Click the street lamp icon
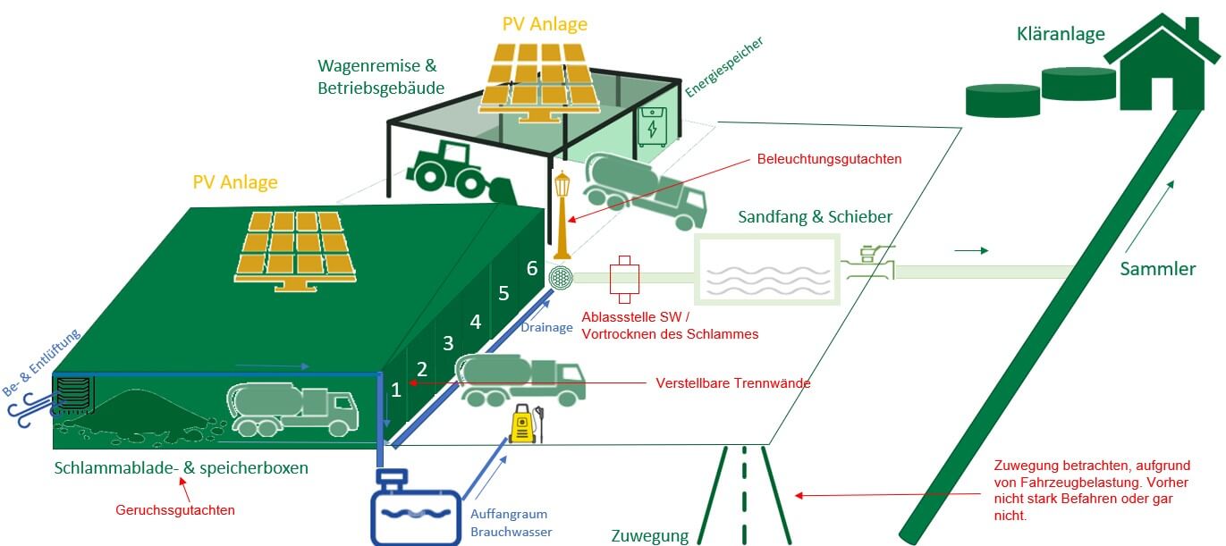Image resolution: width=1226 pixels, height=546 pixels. pyautogui.click(x=563, y=214)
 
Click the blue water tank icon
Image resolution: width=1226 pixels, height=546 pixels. pyautogui.click(x=416, y=508)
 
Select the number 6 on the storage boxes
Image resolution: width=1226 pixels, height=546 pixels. pyautogui.click(x=532, y=268)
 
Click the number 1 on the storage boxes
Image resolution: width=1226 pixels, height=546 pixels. pyautogui.click(x=395, y=389)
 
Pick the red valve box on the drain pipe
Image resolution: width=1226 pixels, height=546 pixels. pyautogui.click(x=622, y=277)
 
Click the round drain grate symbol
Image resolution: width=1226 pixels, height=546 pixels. pyautogui.click(x=561, y=277)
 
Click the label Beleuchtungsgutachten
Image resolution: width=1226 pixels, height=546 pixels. pyautogui.click(x=829, y=159)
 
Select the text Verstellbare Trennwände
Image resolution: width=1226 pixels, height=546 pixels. pyautogui.click(x=733, y=383)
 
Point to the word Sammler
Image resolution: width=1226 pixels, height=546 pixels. pyautogui.click(x=1158, y=269)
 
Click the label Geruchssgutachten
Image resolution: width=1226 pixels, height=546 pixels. pyautogui.click(x=175, y=510)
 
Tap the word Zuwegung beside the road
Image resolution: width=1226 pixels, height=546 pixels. pyautogui.click(x=649, y=536)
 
